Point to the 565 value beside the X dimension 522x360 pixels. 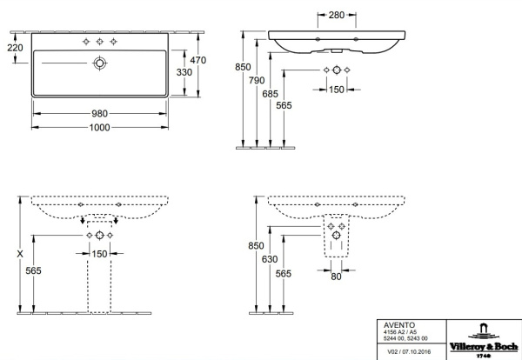(x=35, y=271)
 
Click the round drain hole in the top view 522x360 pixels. (x=99, y=63)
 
